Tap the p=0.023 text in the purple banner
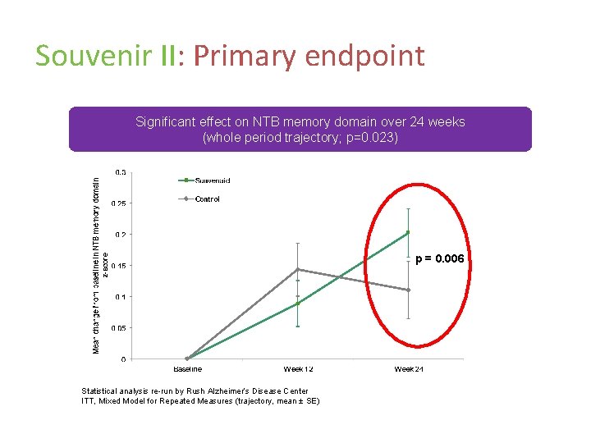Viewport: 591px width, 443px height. [x=369, y=137]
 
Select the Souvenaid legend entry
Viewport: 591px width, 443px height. [x=212, y=180]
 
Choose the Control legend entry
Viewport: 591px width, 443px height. [x=207, y=199]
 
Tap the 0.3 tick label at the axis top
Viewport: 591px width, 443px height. [x=121, y=172]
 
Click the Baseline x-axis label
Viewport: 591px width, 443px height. [x=187, y=369]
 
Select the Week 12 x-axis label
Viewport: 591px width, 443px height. [x=297, y=369]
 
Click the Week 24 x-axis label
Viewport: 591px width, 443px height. [x=408, y=369]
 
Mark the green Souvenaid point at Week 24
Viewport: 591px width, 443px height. [x=408, y=233]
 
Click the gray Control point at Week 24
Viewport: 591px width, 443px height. [x=408, y=290]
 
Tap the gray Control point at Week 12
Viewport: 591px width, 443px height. [x=298, y=269]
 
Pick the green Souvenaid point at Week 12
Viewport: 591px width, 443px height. [x=298, y=304]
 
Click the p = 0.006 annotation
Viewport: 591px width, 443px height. [x=440, y=259]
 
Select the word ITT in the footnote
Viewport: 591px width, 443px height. [x=88, y=400]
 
